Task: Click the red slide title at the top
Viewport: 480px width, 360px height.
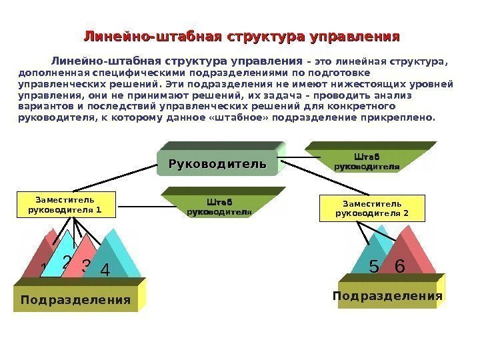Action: (241, 35)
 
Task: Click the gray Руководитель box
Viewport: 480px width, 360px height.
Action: (217, 163)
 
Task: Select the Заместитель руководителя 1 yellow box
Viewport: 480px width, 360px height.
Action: (65, 205)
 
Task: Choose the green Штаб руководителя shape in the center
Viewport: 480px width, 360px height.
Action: (219, 206)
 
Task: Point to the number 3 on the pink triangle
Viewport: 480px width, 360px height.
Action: (86, 265)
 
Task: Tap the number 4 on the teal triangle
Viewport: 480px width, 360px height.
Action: (104, 271)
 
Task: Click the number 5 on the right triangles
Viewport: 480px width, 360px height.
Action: (373, 266)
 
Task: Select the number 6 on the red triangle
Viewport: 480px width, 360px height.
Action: (400, 265)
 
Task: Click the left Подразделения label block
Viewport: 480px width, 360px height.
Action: (75, 299)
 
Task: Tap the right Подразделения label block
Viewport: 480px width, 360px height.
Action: (387, 295)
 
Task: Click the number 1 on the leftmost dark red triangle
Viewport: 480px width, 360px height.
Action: (44, 269)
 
